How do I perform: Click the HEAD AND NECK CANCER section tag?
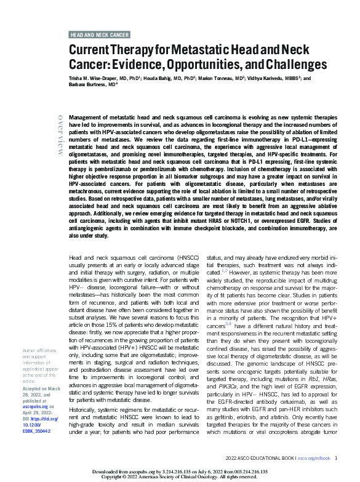(99, 35)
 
